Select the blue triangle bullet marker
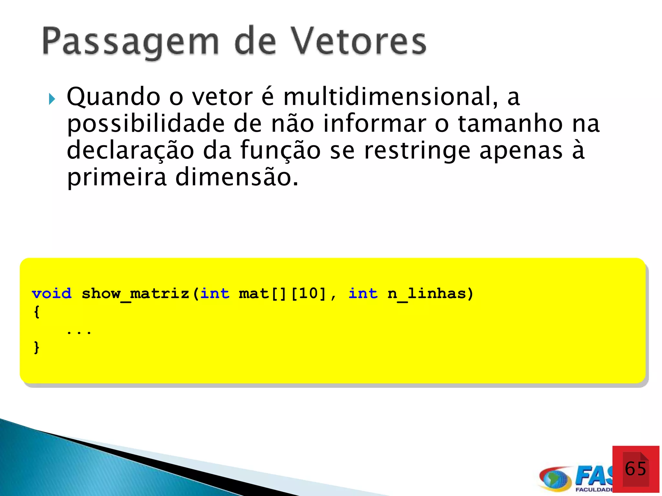click(52, 99)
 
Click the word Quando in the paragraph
click(113, 97)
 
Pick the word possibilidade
click(145, 124)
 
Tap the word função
click(280, 150)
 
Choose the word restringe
click(417, 151)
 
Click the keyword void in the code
click(52, 294)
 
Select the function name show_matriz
click(135, 294)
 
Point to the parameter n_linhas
click(427, 294)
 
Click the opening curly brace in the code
click(37, 312)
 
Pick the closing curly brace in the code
click(37, 347)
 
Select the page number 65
click(635, 469)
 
